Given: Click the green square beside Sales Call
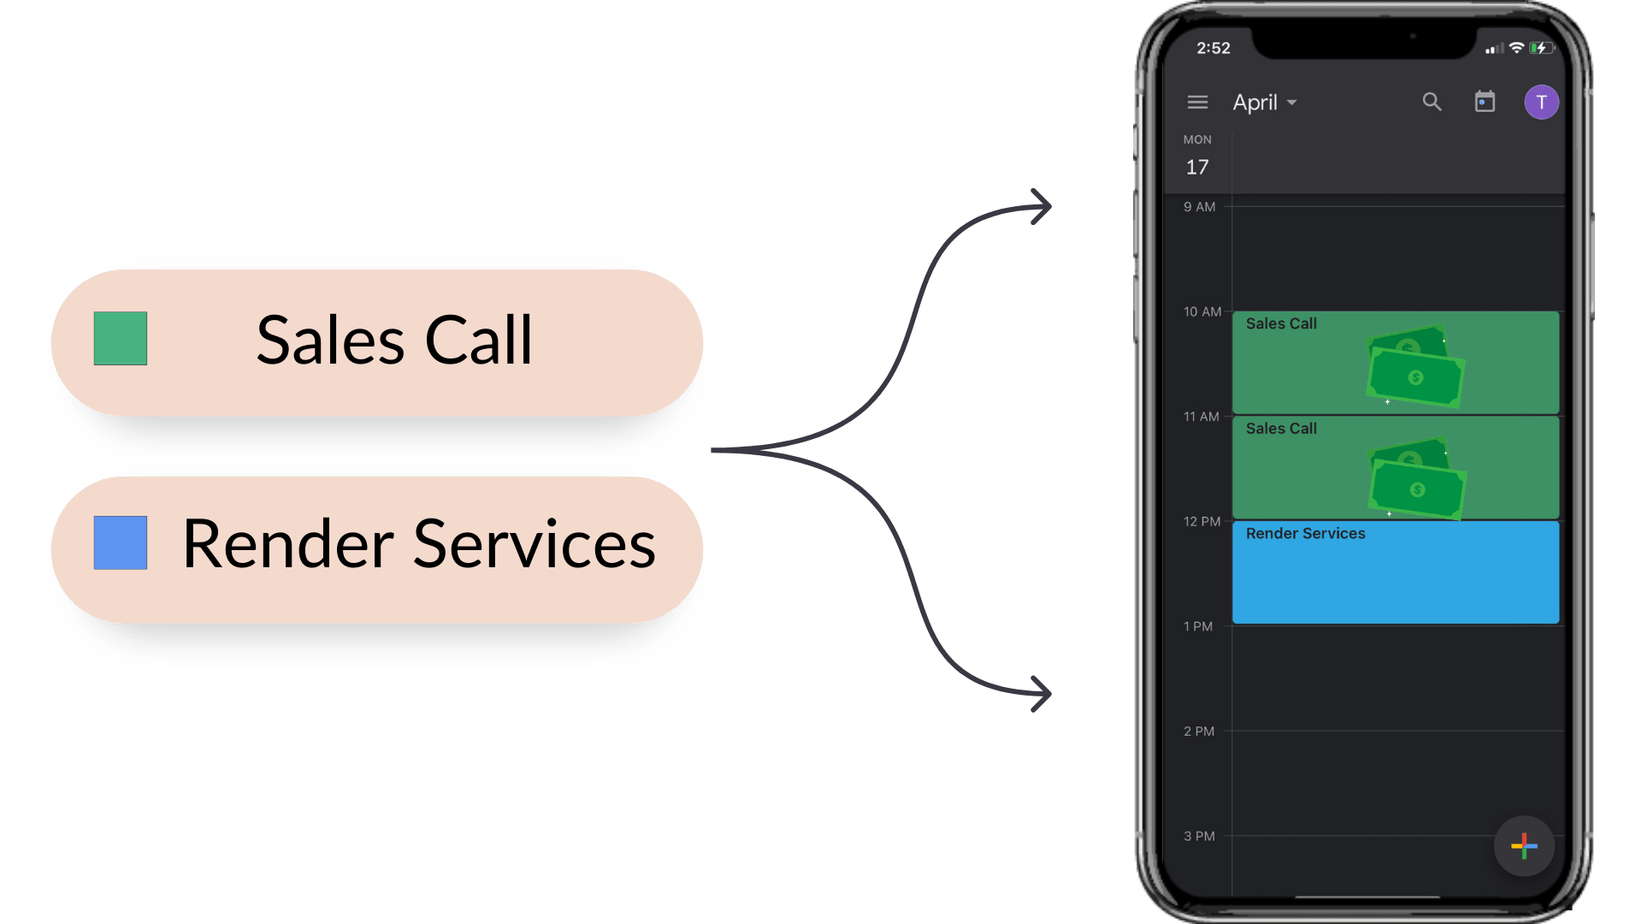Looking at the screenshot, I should point(121,339).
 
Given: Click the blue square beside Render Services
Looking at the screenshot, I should point(121,542).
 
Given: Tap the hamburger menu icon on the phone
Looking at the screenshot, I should point(1197,103).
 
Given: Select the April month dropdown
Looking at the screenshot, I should point(1264,103).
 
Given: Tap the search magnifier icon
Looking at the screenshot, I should point(1432,103).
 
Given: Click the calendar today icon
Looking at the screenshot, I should point(1485,102).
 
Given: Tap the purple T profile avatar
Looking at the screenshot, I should point(1541,103).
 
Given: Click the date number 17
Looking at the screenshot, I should point(1197,168).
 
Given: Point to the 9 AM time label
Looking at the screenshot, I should point(1199,207).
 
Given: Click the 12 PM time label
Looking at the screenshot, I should point(1202,522).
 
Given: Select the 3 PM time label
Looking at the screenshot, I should point(1199,837).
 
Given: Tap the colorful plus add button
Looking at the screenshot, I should point(1524,846).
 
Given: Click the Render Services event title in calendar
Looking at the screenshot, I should point(1305,534).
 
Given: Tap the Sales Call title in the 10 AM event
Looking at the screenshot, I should point(1281,324).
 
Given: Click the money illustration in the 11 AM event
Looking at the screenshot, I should point(1417,479).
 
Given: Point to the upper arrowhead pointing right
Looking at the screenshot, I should point(1040,206).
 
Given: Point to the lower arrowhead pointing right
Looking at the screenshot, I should point(1040,693).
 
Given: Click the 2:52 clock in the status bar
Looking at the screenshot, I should point(1213,49).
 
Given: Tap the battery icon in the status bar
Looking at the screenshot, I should point(1541,48).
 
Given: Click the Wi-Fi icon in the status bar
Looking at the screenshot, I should point(1516,48).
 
